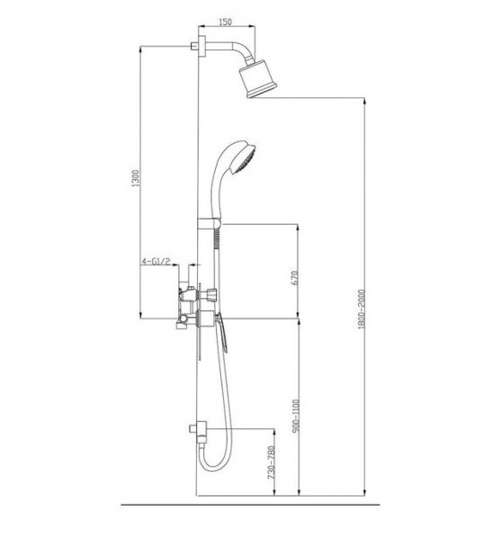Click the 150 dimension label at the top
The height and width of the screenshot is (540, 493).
pyautogui.click(x=225, y=22)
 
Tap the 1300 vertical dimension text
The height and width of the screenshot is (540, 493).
pyautogui.click(x=136, y=178)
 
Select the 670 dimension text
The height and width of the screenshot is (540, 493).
pyautogui.click(x=294, y=277)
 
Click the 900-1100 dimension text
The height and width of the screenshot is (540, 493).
pyautogui.click(x=295, y=415)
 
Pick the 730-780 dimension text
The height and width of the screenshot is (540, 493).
pyautogui.click(x=272, y=463)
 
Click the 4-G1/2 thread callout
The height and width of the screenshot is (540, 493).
pyautogui.click(x=156, y=261)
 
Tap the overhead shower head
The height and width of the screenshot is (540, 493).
pyautogui.click(x=258, y=79)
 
